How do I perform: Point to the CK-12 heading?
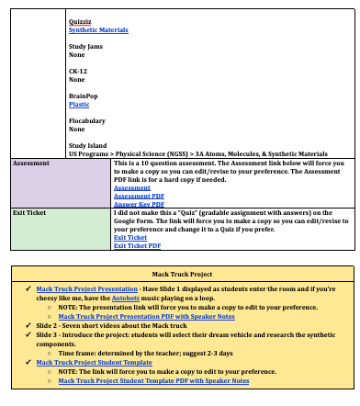(x=79, y=71)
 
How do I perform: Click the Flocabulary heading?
(x=88, y=120)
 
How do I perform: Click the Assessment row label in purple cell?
(x=31, y=163)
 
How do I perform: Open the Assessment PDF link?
(x=139, y=195)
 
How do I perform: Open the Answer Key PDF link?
(x=139, y=203)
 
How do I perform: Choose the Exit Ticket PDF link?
(x=137, y=245)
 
